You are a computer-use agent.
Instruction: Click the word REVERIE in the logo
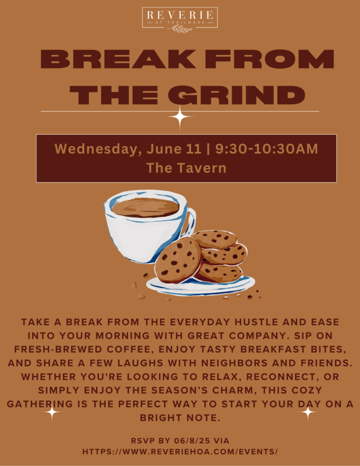click(180, 15)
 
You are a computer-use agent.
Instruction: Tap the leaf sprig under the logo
click(180, 29)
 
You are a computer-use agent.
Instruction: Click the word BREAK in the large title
click(118, 59)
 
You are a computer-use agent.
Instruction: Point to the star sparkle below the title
click(180, 117)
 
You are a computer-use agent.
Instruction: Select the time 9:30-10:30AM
click(267, 149)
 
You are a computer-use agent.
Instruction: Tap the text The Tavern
click(187, 168)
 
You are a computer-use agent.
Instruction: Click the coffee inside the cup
click(145, 207)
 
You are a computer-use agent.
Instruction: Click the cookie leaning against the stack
click(178, 260)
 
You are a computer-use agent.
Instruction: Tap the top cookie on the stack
click(214, 239)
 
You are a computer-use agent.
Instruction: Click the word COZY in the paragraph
click(307, 390)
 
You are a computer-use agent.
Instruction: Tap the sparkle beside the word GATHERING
click(52, 412)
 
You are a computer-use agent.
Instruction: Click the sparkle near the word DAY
click(308, 412)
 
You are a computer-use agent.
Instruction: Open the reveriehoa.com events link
click(180, 452)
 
